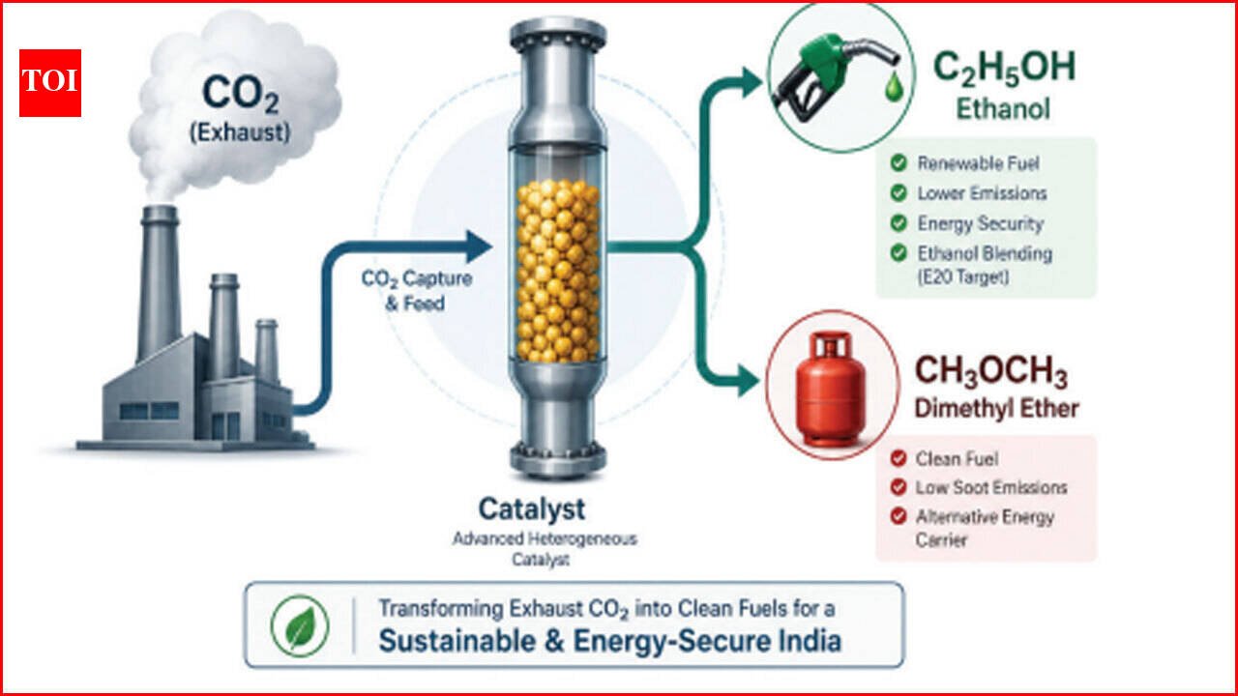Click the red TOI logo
(x=50, y=83)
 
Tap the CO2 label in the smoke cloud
(x=241, y=94)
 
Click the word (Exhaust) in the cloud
(x=240, y=133)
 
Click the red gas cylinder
(x=830, y=390)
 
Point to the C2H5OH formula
(x=1004, y=69)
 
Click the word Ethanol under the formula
(x=1003, y=109)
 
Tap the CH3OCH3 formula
(x=991, y=372)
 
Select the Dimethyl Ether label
(x=996, y=409)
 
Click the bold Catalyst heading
(x=532, y=508)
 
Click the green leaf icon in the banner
(x=300, y=625)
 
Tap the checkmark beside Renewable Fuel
(x=899, y=163)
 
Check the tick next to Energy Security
(x=899, y=223)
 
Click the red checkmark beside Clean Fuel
(x=899, y=458)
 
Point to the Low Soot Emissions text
(x=991, y=488)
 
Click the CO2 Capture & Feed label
(x=417, y=291)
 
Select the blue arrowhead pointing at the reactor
(x=479, y=246)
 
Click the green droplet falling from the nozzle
(x=894, y=88)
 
